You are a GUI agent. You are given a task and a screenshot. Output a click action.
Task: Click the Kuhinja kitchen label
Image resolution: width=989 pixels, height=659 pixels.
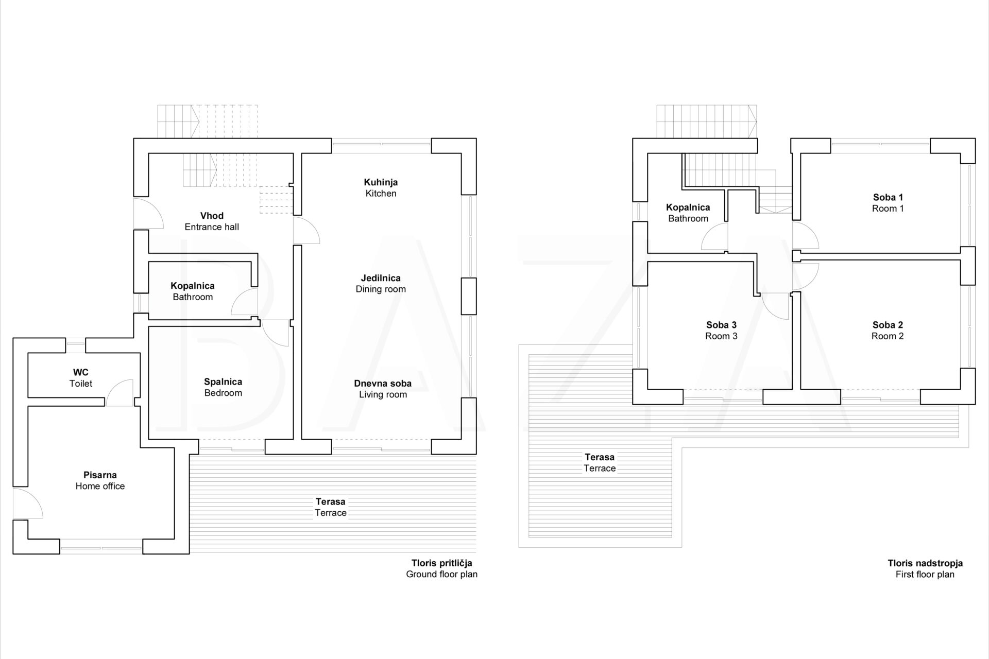coord(381,188)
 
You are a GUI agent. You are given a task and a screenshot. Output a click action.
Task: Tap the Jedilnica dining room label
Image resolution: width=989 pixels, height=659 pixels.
coord(381,284)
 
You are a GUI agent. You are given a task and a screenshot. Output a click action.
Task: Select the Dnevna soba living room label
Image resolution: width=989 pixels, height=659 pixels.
coord(383,389)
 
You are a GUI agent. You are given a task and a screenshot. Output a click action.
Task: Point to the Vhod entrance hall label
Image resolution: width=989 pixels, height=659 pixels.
coord(212,221)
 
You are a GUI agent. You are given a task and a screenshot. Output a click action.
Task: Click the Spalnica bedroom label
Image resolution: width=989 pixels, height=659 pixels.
coord(223,387)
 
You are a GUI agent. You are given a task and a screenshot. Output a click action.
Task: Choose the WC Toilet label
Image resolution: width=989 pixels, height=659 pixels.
coord(81,378)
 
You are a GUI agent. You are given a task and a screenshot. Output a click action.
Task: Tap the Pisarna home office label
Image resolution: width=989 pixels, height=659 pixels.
coord(100,480)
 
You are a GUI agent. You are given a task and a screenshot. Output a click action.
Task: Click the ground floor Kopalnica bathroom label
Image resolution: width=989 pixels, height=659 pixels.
coord(193,291)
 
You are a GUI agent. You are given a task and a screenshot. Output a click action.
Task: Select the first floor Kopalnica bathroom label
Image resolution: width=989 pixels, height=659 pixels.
coord(688,213)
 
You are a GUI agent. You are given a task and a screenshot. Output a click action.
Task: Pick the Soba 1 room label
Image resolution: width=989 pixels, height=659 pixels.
coord(888,203)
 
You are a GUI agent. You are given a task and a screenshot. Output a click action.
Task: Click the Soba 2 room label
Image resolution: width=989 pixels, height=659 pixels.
coord(888,331)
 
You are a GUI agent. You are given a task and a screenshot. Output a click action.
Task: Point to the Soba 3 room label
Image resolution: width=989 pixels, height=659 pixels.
coord(721,331)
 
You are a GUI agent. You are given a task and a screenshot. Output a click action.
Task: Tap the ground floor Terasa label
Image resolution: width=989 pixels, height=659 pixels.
coord(331,507)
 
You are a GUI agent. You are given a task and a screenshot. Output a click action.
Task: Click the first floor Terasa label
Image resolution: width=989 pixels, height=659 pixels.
coord(600,462)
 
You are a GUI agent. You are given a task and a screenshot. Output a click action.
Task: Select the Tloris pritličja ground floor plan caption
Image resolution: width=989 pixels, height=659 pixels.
coord(442,568)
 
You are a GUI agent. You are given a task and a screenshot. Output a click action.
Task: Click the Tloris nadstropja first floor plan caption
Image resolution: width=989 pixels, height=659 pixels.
coord(925,568)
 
